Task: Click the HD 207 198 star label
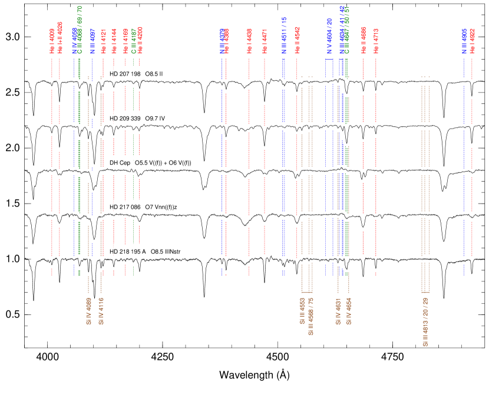[137, 74]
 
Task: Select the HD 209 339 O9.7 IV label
[141, 119]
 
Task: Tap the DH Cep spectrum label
[151, 163]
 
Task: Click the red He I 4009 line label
[52, 41]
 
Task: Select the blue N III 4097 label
[92, 40]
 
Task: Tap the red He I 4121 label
[103, 41]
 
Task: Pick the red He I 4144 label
[114, 41]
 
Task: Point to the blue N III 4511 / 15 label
[283, 36]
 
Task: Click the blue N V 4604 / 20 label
[329, 36]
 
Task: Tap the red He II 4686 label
[364, 40]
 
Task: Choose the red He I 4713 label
[376, 41]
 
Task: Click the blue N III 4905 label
[464, 41]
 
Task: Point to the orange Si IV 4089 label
[89, 312]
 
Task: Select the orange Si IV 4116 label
[101, 312]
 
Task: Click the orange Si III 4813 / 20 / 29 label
[425, 322]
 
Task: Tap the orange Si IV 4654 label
[349, 312]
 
